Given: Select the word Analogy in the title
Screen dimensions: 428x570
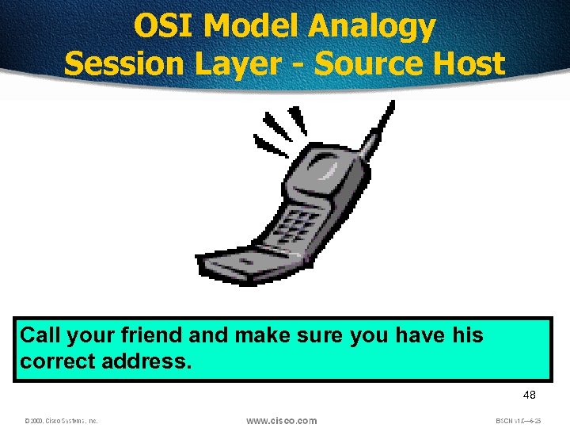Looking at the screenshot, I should [x=371, y=28].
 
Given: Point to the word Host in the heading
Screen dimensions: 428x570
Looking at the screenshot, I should [x=465, y=63].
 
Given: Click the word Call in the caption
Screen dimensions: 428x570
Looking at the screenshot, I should [x=39, y=335].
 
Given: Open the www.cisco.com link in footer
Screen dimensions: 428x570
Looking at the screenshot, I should [x=281, y=420].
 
